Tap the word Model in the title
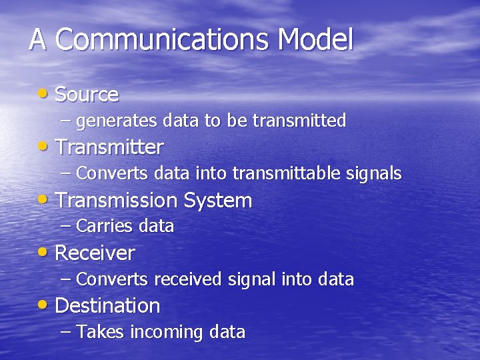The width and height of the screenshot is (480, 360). click(315, 40)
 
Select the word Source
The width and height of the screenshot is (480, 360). click(87, 95)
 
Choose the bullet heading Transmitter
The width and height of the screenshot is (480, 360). click(109, 147)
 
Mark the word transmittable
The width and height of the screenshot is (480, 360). click(287, 174)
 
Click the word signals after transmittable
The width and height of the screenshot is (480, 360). click(375, 174)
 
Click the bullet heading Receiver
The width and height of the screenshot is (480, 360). click(95, 253)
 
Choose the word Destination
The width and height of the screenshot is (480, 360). click(107, 306)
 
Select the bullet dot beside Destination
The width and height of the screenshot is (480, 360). click(43, 305)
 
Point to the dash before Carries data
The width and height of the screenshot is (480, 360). click(65, 227)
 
